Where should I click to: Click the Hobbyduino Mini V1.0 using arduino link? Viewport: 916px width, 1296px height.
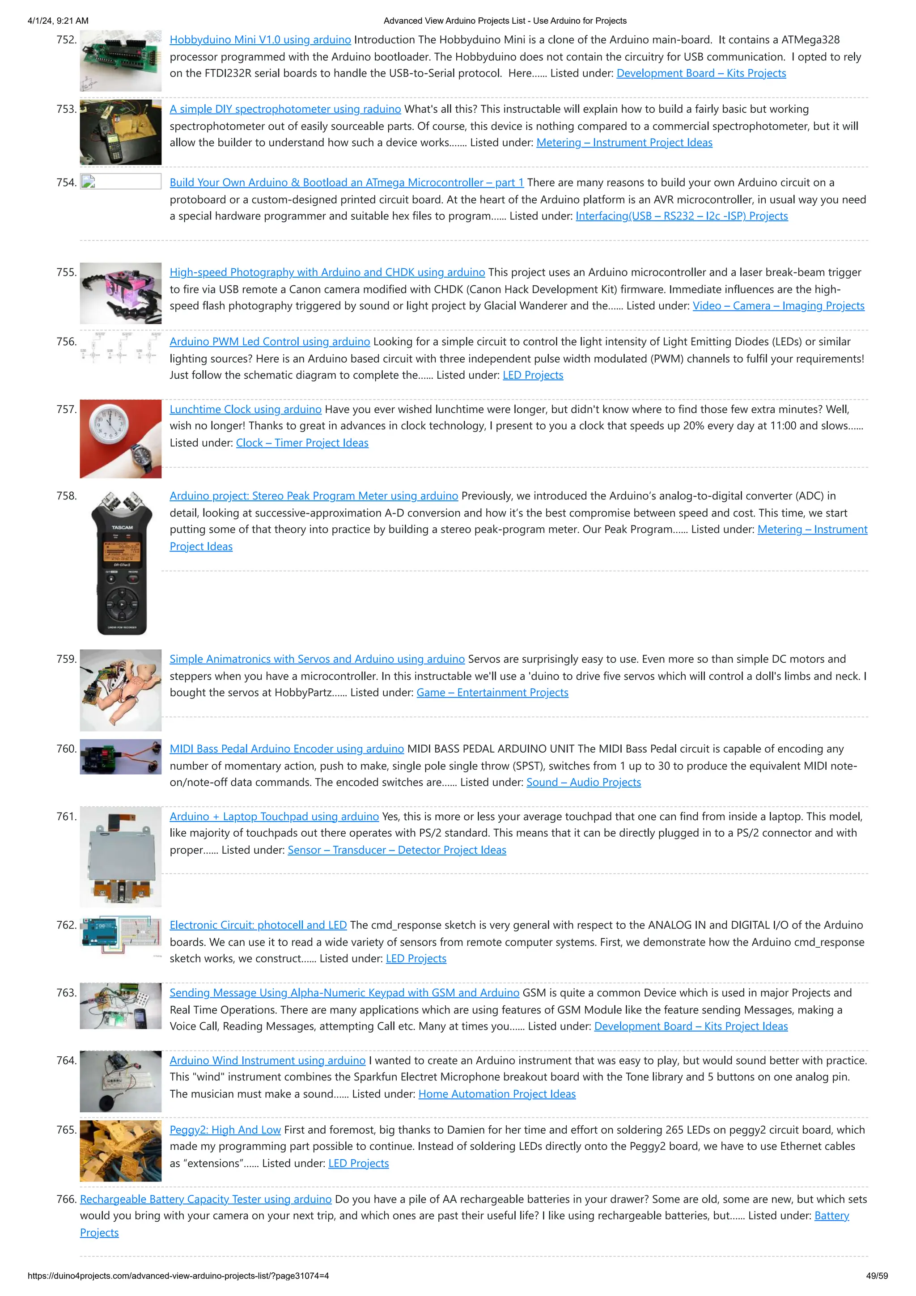click(x=260, y=39)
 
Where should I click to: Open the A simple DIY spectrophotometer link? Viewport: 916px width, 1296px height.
click(x=285, y=109)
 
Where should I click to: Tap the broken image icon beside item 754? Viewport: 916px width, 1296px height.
click(x=88, y=182)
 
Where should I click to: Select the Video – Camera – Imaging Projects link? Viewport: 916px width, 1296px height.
click(x=778, y=305)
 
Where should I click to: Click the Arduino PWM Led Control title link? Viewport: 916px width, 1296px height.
click(x=270, y=342)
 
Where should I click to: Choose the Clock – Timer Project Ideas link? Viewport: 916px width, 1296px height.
click(x=302, y=443)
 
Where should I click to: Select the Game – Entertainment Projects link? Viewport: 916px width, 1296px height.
click(x=492, y=693)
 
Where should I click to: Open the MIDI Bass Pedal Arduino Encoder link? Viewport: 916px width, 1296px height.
click(x=287, y=749)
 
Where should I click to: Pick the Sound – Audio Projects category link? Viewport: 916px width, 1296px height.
click(x=584, y=782)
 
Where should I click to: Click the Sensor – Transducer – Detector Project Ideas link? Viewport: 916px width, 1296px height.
click(x=397, y=850)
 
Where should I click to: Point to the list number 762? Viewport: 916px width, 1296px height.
click(x=66, y=925)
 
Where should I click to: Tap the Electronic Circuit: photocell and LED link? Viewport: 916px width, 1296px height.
click(x=258, y=925)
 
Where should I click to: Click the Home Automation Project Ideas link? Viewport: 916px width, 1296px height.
click(x=496, y=1094)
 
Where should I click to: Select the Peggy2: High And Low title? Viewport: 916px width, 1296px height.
click(x=225, y=1130)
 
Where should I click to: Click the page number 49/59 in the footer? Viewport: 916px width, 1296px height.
click(x=877, y=1276)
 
